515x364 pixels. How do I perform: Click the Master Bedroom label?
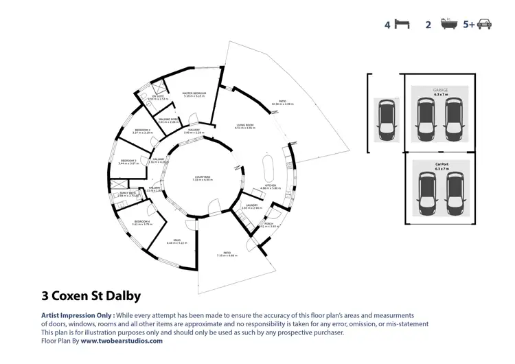(x=195, y=95)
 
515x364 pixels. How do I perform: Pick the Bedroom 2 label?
(x=143, y=130)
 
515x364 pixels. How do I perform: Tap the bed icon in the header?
(x=402, y=25)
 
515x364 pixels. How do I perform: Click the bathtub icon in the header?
(x=448, y=25)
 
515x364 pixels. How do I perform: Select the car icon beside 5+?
(x=484, y=25)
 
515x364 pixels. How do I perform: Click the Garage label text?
(x=440, y=90)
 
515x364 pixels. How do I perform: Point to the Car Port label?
(x=442, y=164)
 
